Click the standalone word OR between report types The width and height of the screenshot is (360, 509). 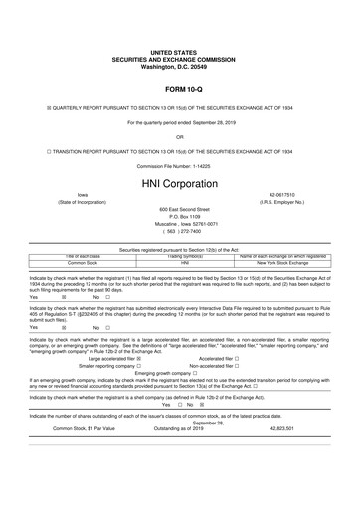coord(179,136)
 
